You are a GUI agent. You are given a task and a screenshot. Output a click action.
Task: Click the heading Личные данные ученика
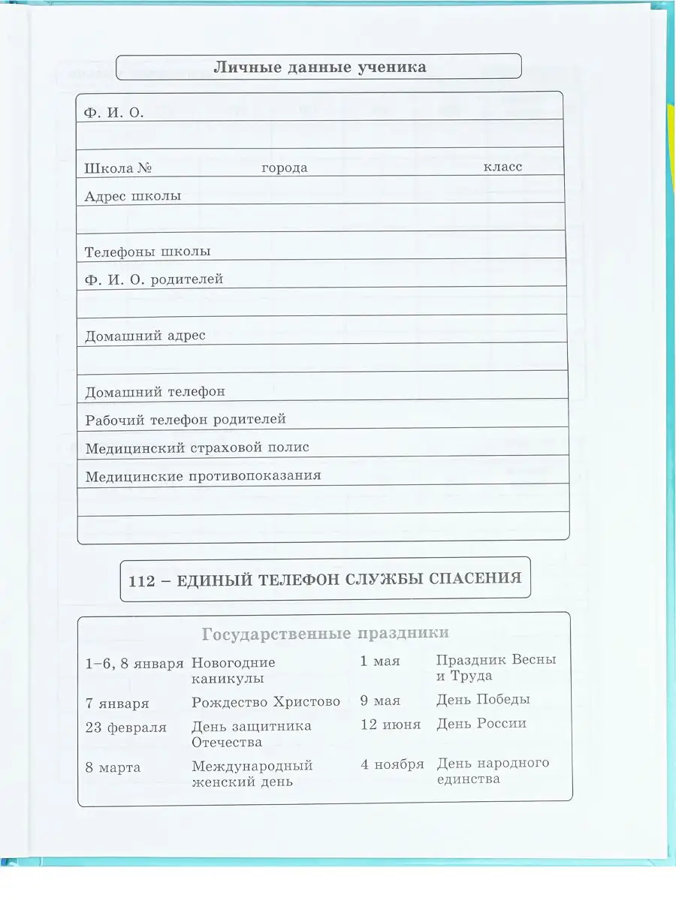click(320, 67)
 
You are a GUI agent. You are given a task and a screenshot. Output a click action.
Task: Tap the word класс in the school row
click(502, 167)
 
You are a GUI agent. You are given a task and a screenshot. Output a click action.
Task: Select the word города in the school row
click(284, 167)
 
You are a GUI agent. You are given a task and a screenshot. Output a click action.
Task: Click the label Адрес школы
click(133, 196)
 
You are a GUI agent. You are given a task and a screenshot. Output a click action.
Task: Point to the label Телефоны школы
click(147, 252)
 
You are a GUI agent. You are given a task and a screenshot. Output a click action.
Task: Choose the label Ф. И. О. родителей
click(154, 279)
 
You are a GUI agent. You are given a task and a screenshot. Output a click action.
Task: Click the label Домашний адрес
click(145, 336)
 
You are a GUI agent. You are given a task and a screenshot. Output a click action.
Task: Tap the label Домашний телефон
click(155, 391)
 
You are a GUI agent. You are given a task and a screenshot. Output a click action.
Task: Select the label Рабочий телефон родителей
click(186, 419)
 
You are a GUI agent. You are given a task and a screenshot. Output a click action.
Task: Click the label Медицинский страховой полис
click(198, 447)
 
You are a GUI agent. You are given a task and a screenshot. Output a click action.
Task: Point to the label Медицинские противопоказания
click(203, 475)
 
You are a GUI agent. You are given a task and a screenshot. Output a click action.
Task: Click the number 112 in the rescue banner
click(140, 579)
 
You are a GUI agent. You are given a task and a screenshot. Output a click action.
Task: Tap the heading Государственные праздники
click(325, 634)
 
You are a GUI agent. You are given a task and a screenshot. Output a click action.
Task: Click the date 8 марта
click(113, 767)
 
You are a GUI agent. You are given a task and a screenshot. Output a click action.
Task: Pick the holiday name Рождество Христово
click(266, 702)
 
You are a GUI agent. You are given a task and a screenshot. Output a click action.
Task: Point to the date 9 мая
click(380, 701)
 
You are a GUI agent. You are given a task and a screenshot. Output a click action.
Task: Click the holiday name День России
click(481, 724)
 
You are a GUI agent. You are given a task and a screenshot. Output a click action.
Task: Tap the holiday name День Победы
click(483, 699)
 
